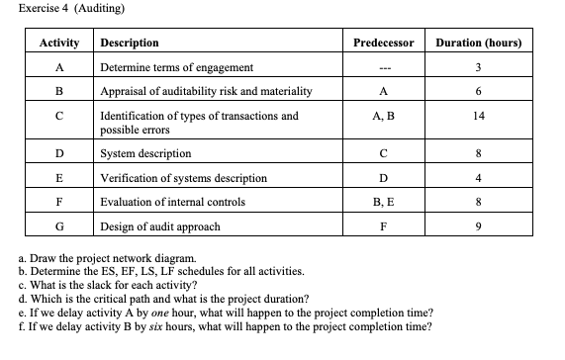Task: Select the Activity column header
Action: pos(58,44)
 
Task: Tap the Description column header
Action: pos(129,44)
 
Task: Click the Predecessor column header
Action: pos(382,44)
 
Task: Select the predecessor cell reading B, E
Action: pos(382,201)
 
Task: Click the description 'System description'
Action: pos(145,153)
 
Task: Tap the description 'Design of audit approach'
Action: pos(160,226)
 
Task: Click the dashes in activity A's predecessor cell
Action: pos(382,67)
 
